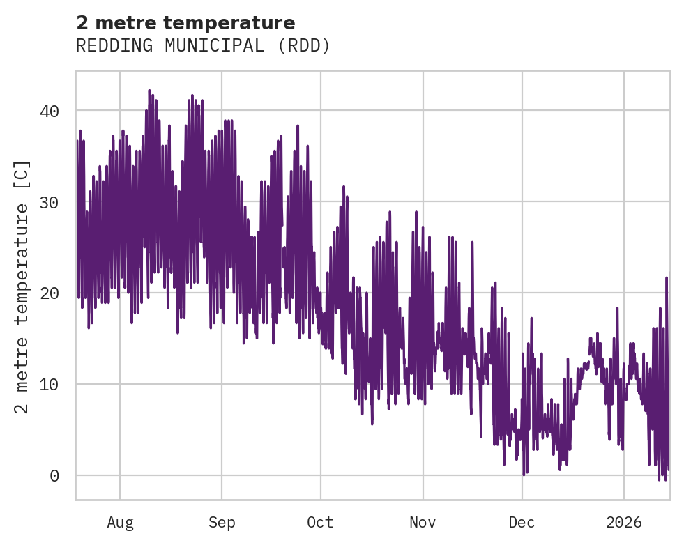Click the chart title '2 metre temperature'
(x=185, y=22)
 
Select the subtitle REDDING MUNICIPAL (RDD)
(x=202, y=46)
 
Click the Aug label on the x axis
(x=120, y=522)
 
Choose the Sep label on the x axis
(x=222, y=522)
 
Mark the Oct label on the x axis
(x=321, y=522)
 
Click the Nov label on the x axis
(x=423, y=522)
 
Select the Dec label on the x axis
(x=522, y=522)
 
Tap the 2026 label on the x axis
(x=624, y=522)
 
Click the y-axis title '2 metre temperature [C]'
(x=23, y=286)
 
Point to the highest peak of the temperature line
(x=149, y=91)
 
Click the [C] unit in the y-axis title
(x=23, y=171)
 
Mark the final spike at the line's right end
(x=669, y=273)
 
